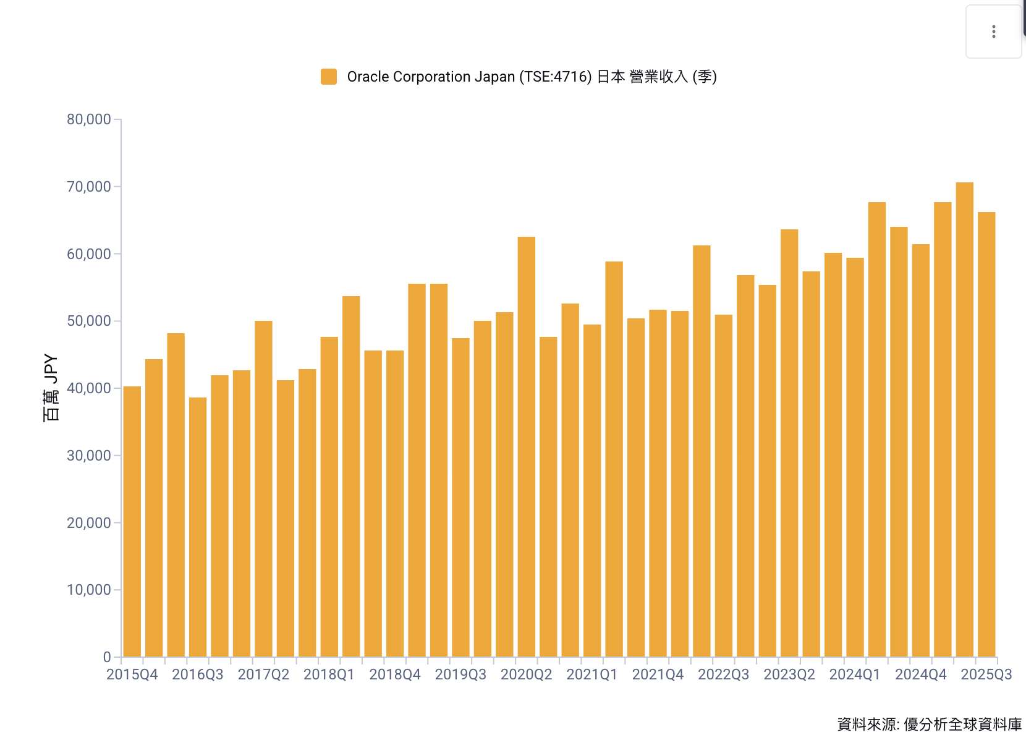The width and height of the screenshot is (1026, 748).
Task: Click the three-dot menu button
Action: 993,32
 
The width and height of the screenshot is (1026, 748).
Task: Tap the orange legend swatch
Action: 329,77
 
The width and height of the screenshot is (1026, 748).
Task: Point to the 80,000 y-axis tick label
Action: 88,119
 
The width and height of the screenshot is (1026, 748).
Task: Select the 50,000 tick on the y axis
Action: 88,321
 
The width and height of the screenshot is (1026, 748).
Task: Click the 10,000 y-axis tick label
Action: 88,590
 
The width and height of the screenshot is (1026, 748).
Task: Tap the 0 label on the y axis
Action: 107,657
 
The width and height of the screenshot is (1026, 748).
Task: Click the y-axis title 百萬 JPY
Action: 51,388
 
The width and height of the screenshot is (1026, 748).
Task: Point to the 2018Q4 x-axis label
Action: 394,674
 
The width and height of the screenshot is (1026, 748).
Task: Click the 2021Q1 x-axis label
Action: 591,674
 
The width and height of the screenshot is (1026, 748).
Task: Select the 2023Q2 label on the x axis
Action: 789,674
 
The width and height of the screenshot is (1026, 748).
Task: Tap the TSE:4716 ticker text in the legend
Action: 555,77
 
